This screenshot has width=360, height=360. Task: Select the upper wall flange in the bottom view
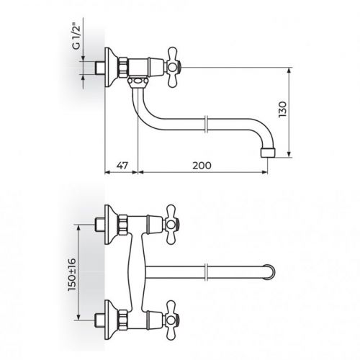click(109, 224)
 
